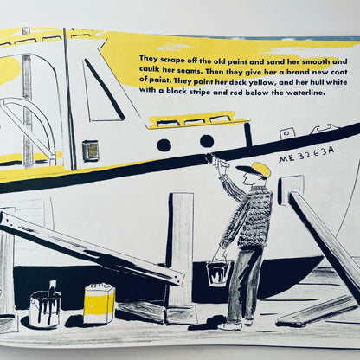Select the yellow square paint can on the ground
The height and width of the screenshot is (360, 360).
tap(100, 304)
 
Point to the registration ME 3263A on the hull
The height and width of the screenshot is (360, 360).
tap(306, 155)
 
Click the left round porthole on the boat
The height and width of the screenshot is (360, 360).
tap(164, 144)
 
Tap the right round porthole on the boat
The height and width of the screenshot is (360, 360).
tap(207, 141)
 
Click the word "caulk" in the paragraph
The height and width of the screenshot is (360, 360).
tap(148, 69)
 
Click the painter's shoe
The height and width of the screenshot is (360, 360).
tap(229, 326)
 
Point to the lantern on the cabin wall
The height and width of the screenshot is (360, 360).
tap(90, 150)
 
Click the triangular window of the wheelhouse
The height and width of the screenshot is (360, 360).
tap(101, 91)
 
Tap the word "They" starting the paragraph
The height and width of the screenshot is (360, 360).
tap(149, 58)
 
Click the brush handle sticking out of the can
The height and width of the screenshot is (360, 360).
tap(53, 288)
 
